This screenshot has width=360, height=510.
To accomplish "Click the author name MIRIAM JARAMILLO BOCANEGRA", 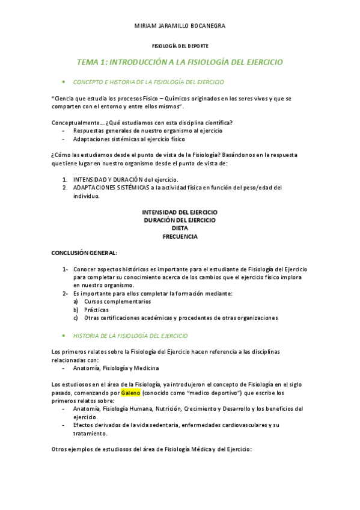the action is point(180,26).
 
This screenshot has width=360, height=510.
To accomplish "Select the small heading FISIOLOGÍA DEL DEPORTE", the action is point(180,46).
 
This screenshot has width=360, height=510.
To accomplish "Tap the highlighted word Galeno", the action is point(130,393).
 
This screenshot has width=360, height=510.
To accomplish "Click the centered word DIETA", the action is point(180,229).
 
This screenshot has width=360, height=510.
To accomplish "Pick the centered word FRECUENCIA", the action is point(180,236).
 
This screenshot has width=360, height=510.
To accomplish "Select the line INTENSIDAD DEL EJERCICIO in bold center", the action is point(180,212).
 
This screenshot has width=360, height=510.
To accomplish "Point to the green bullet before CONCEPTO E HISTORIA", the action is point(63,81).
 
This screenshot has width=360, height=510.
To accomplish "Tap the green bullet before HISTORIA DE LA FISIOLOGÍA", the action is point(63,336).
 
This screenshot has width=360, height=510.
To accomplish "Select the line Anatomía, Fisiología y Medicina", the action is point(116,368).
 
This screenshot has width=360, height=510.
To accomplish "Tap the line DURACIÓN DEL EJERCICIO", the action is point(180,220).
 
